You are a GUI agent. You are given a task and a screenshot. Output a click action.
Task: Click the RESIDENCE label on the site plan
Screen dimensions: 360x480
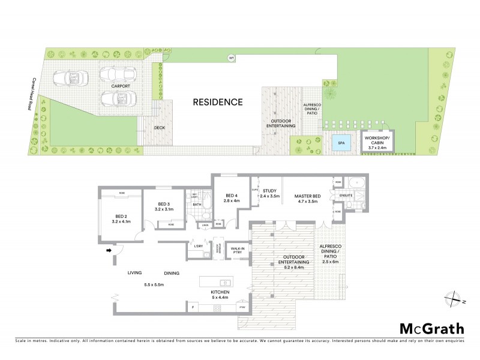point(218,102)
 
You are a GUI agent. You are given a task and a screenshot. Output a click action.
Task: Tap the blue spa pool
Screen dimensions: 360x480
point(341,143)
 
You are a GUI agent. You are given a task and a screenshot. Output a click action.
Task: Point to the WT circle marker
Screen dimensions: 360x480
point(230,58)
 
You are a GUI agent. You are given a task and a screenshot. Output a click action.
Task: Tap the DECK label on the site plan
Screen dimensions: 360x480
point(159,127)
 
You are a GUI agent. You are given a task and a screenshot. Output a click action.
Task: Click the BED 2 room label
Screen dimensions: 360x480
point(121,216)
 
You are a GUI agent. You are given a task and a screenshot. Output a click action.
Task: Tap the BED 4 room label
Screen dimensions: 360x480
point(232,196)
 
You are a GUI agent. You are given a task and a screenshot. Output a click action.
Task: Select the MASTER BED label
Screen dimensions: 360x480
point(308,196)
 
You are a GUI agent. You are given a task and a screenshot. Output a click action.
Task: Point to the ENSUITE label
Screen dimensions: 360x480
point(346,196)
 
